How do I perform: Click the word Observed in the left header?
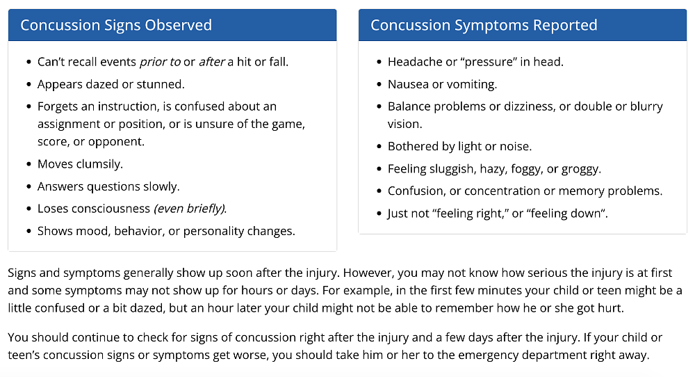coord(178,26)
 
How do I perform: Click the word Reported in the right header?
coord(564,26)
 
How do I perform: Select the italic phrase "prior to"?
coord(160,62)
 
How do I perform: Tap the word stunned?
coord(163,84)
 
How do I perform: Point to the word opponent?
coord(120,142)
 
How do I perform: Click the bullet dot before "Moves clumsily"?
coord(28,164)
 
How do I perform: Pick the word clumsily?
coord(100,164)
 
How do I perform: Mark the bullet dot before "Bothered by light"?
coord(379,146)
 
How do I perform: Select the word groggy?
coord(580,168)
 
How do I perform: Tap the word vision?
coord(404,124)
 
